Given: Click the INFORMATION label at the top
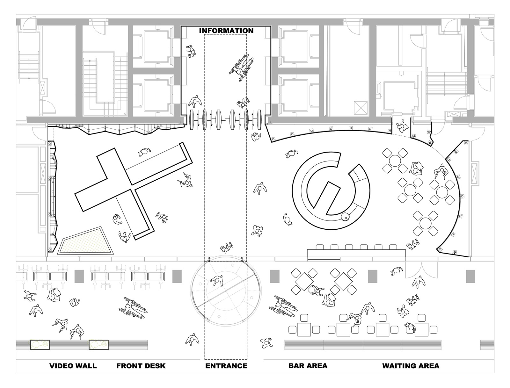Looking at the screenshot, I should [226, 31].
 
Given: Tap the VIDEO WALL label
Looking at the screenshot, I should [73, 366].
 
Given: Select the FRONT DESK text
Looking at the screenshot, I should [141, 366].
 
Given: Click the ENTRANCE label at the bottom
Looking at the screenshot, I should [226, 366].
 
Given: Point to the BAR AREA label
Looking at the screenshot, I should [308, 366].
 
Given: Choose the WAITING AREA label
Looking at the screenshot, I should [411, 366].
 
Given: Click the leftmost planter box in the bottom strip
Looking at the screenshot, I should [40, 345].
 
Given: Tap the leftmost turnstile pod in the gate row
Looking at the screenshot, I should [192, 120].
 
